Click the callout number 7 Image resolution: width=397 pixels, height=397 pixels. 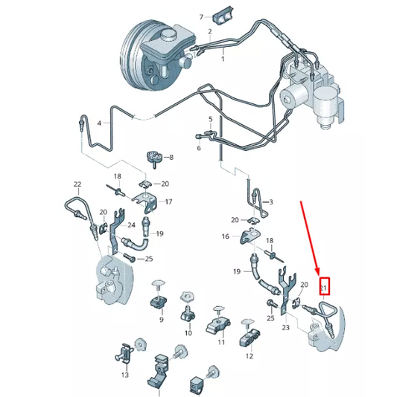(201, 17)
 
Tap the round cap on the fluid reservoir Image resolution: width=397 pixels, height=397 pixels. (168, 35)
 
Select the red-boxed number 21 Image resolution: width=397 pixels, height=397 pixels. (324, 286)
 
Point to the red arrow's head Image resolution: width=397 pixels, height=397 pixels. (317, 273)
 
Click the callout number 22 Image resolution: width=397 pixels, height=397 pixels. (77, 184)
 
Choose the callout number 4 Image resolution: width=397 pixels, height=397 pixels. (99, 123)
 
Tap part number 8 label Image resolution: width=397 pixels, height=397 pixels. (171, 158)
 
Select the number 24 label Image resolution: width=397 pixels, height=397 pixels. (131, 225)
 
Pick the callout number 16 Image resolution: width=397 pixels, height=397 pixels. (226, 236)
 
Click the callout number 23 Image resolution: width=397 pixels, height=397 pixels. (285, 327)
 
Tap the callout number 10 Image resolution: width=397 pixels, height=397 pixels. (188, 332)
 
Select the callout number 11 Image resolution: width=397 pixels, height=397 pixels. (221, 342)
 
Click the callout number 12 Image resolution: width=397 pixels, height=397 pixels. (250, 356)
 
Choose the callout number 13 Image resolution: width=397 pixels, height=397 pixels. (125, 375)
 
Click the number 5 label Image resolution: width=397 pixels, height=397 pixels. (211, 119)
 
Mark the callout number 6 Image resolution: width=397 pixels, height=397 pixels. (199, 148)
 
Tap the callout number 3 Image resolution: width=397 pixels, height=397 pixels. (271, 202)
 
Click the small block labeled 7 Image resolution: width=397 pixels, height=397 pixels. (223, 16)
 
